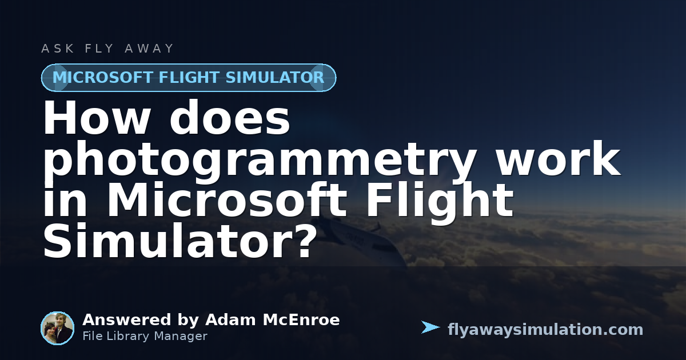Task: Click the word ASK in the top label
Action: [58, 49]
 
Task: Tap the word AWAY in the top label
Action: [149, 49]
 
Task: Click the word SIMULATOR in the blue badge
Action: [275, 77]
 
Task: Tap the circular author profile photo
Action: [58, 328]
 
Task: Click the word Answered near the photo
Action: [126, 320]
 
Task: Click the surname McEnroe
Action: [301, 320]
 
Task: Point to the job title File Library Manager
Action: [145, 336]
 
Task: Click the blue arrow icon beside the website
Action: [430, 327]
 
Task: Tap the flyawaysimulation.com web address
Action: [545, 330]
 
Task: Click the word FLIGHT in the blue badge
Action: [189, 77]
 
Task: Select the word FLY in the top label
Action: [99, 49]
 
